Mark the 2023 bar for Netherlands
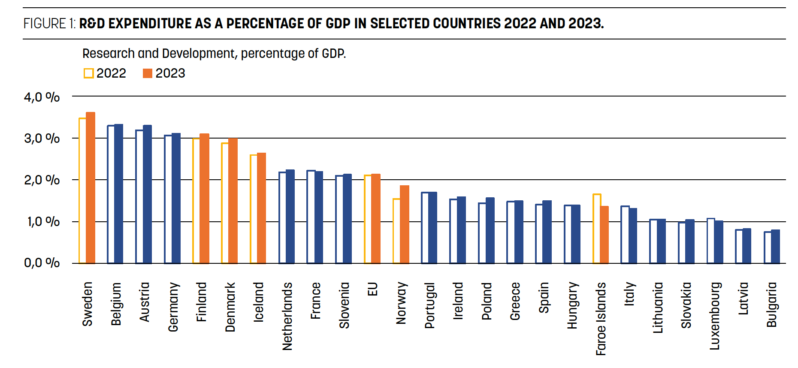(290, 216)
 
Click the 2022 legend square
(88, 73)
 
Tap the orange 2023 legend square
(148, 73)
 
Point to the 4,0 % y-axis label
(42, 97)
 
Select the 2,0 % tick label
(42, 180)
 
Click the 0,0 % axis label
(42, 262)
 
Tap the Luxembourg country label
(714, 316)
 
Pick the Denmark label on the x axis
(230, 307)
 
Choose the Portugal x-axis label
(429, 305)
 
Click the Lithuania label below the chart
(658, 308)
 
